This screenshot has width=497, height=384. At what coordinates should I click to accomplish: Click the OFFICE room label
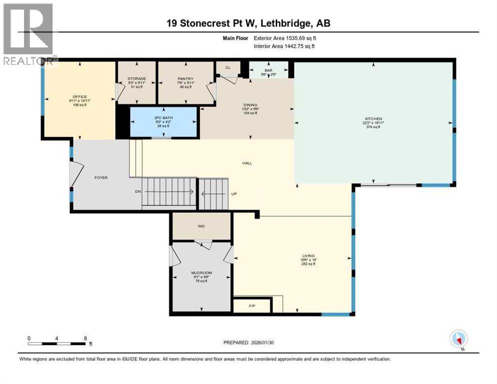coord(79,96)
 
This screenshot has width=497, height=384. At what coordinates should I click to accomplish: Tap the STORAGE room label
coord(136,79)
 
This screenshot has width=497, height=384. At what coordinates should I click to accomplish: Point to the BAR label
coord(268,71)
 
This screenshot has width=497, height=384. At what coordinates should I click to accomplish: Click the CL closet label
coord(228,67)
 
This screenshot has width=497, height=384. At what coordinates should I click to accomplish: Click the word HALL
coord(247,162)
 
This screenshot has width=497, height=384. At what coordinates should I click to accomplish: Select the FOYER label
coord(101,177)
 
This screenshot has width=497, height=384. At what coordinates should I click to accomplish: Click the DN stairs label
coord(138,191)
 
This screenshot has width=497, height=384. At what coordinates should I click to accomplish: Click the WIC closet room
coord(201,226)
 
